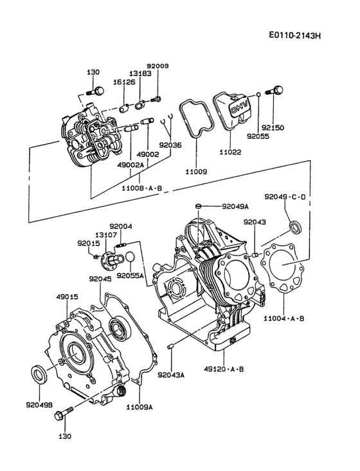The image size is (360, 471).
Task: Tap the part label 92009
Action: [157, 66]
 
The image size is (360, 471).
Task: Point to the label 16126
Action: [107, 82]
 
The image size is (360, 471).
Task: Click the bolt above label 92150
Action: [277, 90]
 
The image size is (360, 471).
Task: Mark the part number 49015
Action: [66, 297]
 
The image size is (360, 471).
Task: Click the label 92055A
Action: [130, 275]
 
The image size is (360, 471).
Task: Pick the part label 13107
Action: [106, 235]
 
